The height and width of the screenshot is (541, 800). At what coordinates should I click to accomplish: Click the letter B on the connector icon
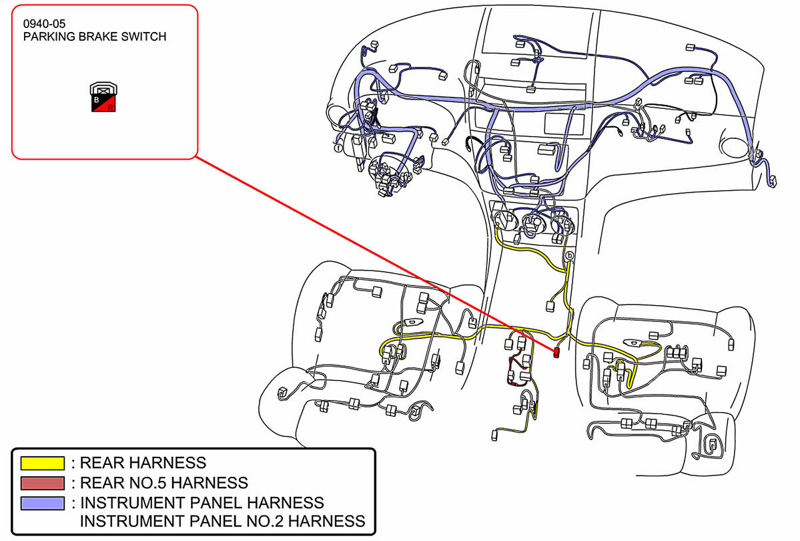[97, 100]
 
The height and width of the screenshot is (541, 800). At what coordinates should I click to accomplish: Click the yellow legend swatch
[43, 462]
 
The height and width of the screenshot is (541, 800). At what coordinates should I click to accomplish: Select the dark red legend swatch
[43, 482]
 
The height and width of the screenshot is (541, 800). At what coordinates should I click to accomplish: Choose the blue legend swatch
[43, 502]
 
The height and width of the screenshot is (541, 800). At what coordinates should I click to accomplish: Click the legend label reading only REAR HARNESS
[143, 462]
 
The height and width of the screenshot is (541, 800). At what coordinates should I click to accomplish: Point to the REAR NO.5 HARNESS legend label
[163, 482]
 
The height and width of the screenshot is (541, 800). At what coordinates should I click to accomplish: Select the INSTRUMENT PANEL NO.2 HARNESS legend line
[222, 521]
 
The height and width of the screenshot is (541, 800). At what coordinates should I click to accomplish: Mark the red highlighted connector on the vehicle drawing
[556, 352]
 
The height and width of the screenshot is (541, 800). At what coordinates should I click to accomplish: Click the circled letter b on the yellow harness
[570, 256]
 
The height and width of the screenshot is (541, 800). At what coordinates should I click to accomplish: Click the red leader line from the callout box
[374, 254]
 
